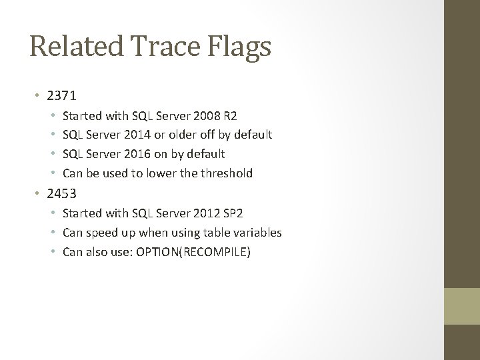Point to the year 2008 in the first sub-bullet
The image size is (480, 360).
point(215,115)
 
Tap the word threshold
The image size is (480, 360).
point(227,173)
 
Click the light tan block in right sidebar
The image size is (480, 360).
point(462,306)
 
